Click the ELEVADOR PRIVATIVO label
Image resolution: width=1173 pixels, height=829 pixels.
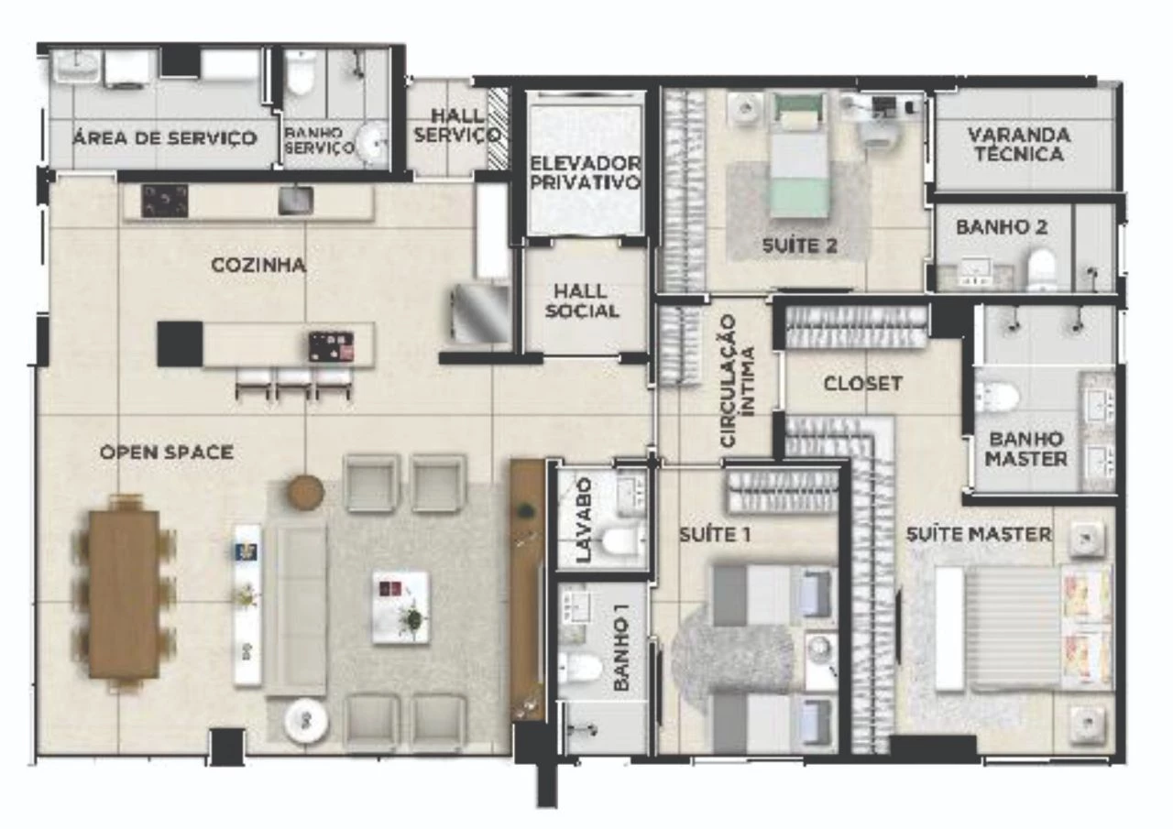coord(586,173)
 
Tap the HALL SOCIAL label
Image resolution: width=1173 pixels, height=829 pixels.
coord(581,301)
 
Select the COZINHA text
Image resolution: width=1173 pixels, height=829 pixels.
coord(258,266)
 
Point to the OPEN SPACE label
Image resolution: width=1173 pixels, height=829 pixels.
coord(167,453)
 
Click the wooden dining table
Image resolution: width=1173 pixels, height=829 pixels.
coord(124,594)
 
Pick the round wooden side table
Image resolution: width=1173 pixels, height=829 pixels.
coord(305,492)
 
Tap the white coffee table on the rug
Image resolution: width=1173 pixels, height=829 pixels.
coord(402,606)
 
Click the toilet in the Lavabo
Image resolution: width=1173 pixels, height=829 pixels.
coord(623,541)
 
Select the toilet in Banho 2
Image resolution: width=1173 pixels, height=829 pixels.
coord(1042,268)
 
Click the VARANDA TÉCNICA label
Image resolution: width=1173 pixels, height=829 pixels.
coord(1019,145)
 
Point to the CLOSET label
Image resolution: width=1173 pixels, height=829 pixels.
coord(863,384)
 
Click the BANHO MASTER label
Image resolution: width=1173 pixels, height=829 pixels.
coord(1025,449)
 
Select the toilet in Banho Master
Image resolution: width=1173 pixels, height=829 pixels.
coord(998,397)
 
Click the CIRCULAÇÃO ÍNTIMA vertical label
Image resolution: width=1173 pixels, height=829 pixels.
coord(738,381)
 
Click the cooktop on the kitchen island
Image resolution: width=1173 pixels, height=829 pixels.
coord(331,346)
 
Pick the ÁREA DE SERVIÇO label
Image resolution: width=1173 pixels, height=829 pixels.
coord(165,138)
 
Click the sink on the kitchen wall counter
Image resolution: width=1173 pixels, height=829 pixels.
coord(295,201)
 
